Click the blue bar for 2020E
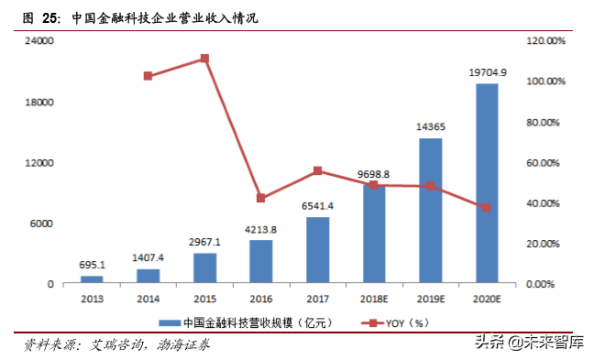click(487, 183)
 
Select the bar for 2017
click(318, 250)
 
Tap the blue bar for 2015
click(204, 267)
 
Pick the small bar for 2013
click(92, 279)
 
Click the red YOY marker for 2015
click(204, 59)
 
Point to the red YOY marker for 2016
click(261, 198)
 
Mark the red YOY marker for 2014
click(148, 76)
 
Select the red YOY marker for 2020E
click(487, 208)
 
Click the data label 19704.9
click(487, 72)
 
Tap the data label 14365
click(431, 127)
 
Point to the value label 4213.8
click(261, 229)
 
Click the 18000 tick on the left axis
click(38, 103)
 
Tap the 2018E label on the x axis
click(374, 299)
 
